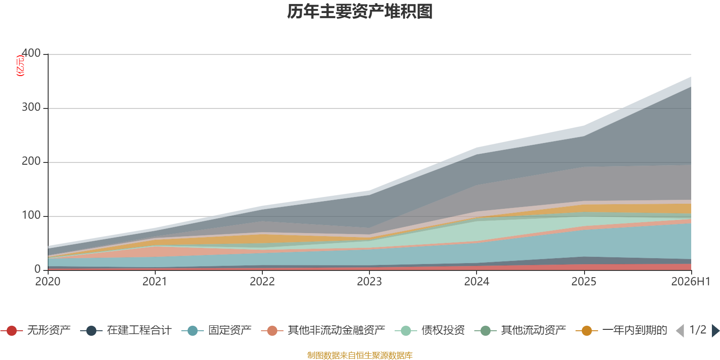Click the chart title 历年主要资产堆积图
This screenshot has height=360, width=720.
click(360, 12)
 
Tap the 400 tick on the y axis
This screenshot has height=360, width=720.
click(31, 53)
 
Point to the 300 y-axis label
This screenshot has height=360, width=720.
click(31, 107)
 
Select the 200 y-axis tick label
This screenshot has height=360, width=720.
click(31, 161)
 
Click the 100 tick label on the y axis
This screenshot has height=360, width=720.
click(31, 215)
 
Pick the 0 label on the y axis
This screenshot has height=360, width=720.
click(38, 269)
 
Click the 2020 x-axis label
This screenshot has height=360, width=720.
click(48, 282)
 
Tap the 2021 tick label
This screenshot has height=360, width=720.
click(155, 282)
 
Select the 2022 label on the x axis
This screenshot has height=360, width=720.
click(262, 282)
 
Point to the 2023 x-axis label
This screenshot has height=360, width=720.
click(369, 282)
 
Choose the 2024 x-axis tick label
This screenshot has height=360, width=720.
click(477, 282)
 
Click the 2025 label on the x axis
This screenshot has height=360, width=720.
click(584, 282)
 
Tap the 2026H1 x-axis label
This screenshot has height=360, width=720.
click(691, 282)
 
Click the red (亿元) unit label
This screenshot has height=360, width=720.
click(20, 66)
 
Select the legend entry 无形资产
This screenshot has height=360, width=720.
click(36, 330)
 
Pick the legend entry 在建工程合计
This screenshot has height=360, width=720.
click(126, 330)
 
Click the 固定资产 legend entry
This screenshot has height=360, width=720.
click(216, 330)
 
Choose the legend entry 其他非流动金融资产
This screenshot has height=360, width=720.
click(323, 330)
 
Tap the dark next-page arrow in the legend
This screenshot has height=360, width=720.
click(715, 330)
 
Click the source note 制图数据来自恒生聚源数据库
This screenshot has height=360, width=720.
click(360, 355)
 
